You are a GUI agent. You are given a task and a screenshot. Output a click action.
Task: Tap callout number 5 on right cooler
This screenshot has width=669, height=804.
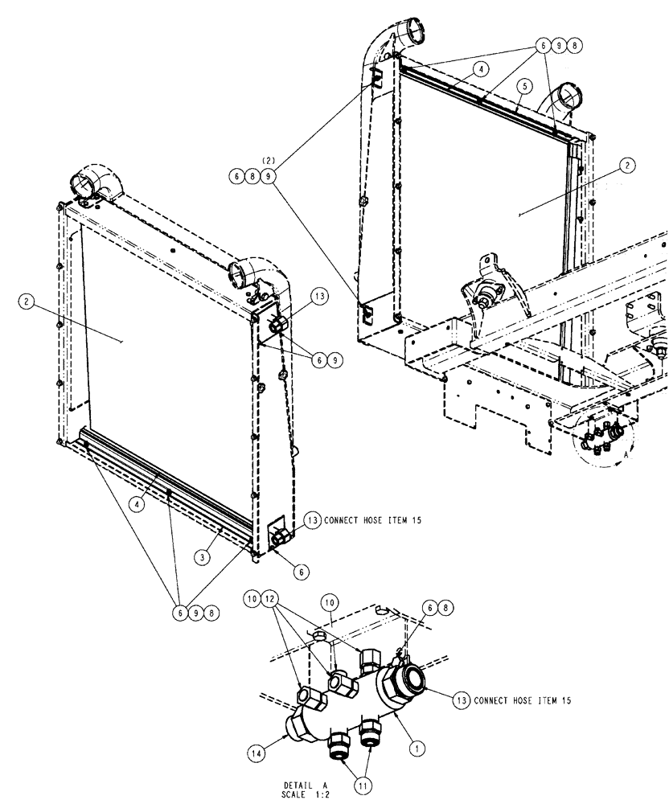point(523,84)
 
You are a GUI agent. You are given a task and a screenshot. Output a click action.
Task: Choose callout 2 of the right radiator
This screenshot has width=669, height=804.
point(627,165)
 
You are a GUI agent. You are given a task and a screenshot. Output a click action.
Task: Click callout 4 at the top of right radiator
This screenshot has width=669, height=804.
point(480,70)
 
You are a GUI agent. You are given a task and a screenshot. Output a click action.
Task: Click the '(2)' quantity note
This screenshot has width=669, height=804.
point(271,160)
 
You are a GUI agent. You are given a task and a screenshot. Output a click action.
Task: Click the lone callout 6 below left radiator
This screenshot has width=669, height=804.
point(300,572)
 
